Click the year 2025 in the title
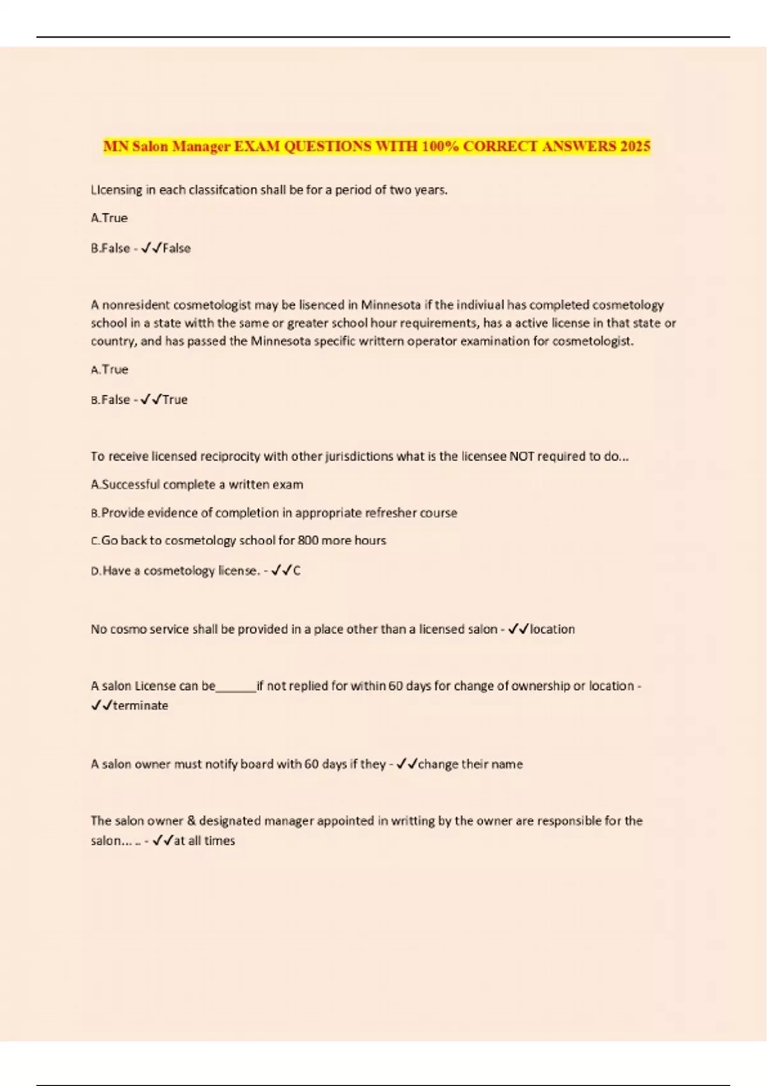click(635, 146)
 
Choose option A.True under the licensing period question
click(109, 218)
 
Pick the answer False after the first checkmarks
click(176, 248)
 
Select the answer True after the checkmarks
click(174, 399)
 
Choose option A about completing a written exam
click(197, 484)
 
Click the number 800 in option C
click(308, 540)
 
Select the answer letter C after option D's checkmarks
click(297, 570)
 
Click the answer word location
click(552, 629)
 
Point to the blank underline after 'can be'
click(236, 687)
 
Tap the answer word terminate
click(141, 705)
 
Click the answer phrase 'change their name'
click(470, 764)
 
